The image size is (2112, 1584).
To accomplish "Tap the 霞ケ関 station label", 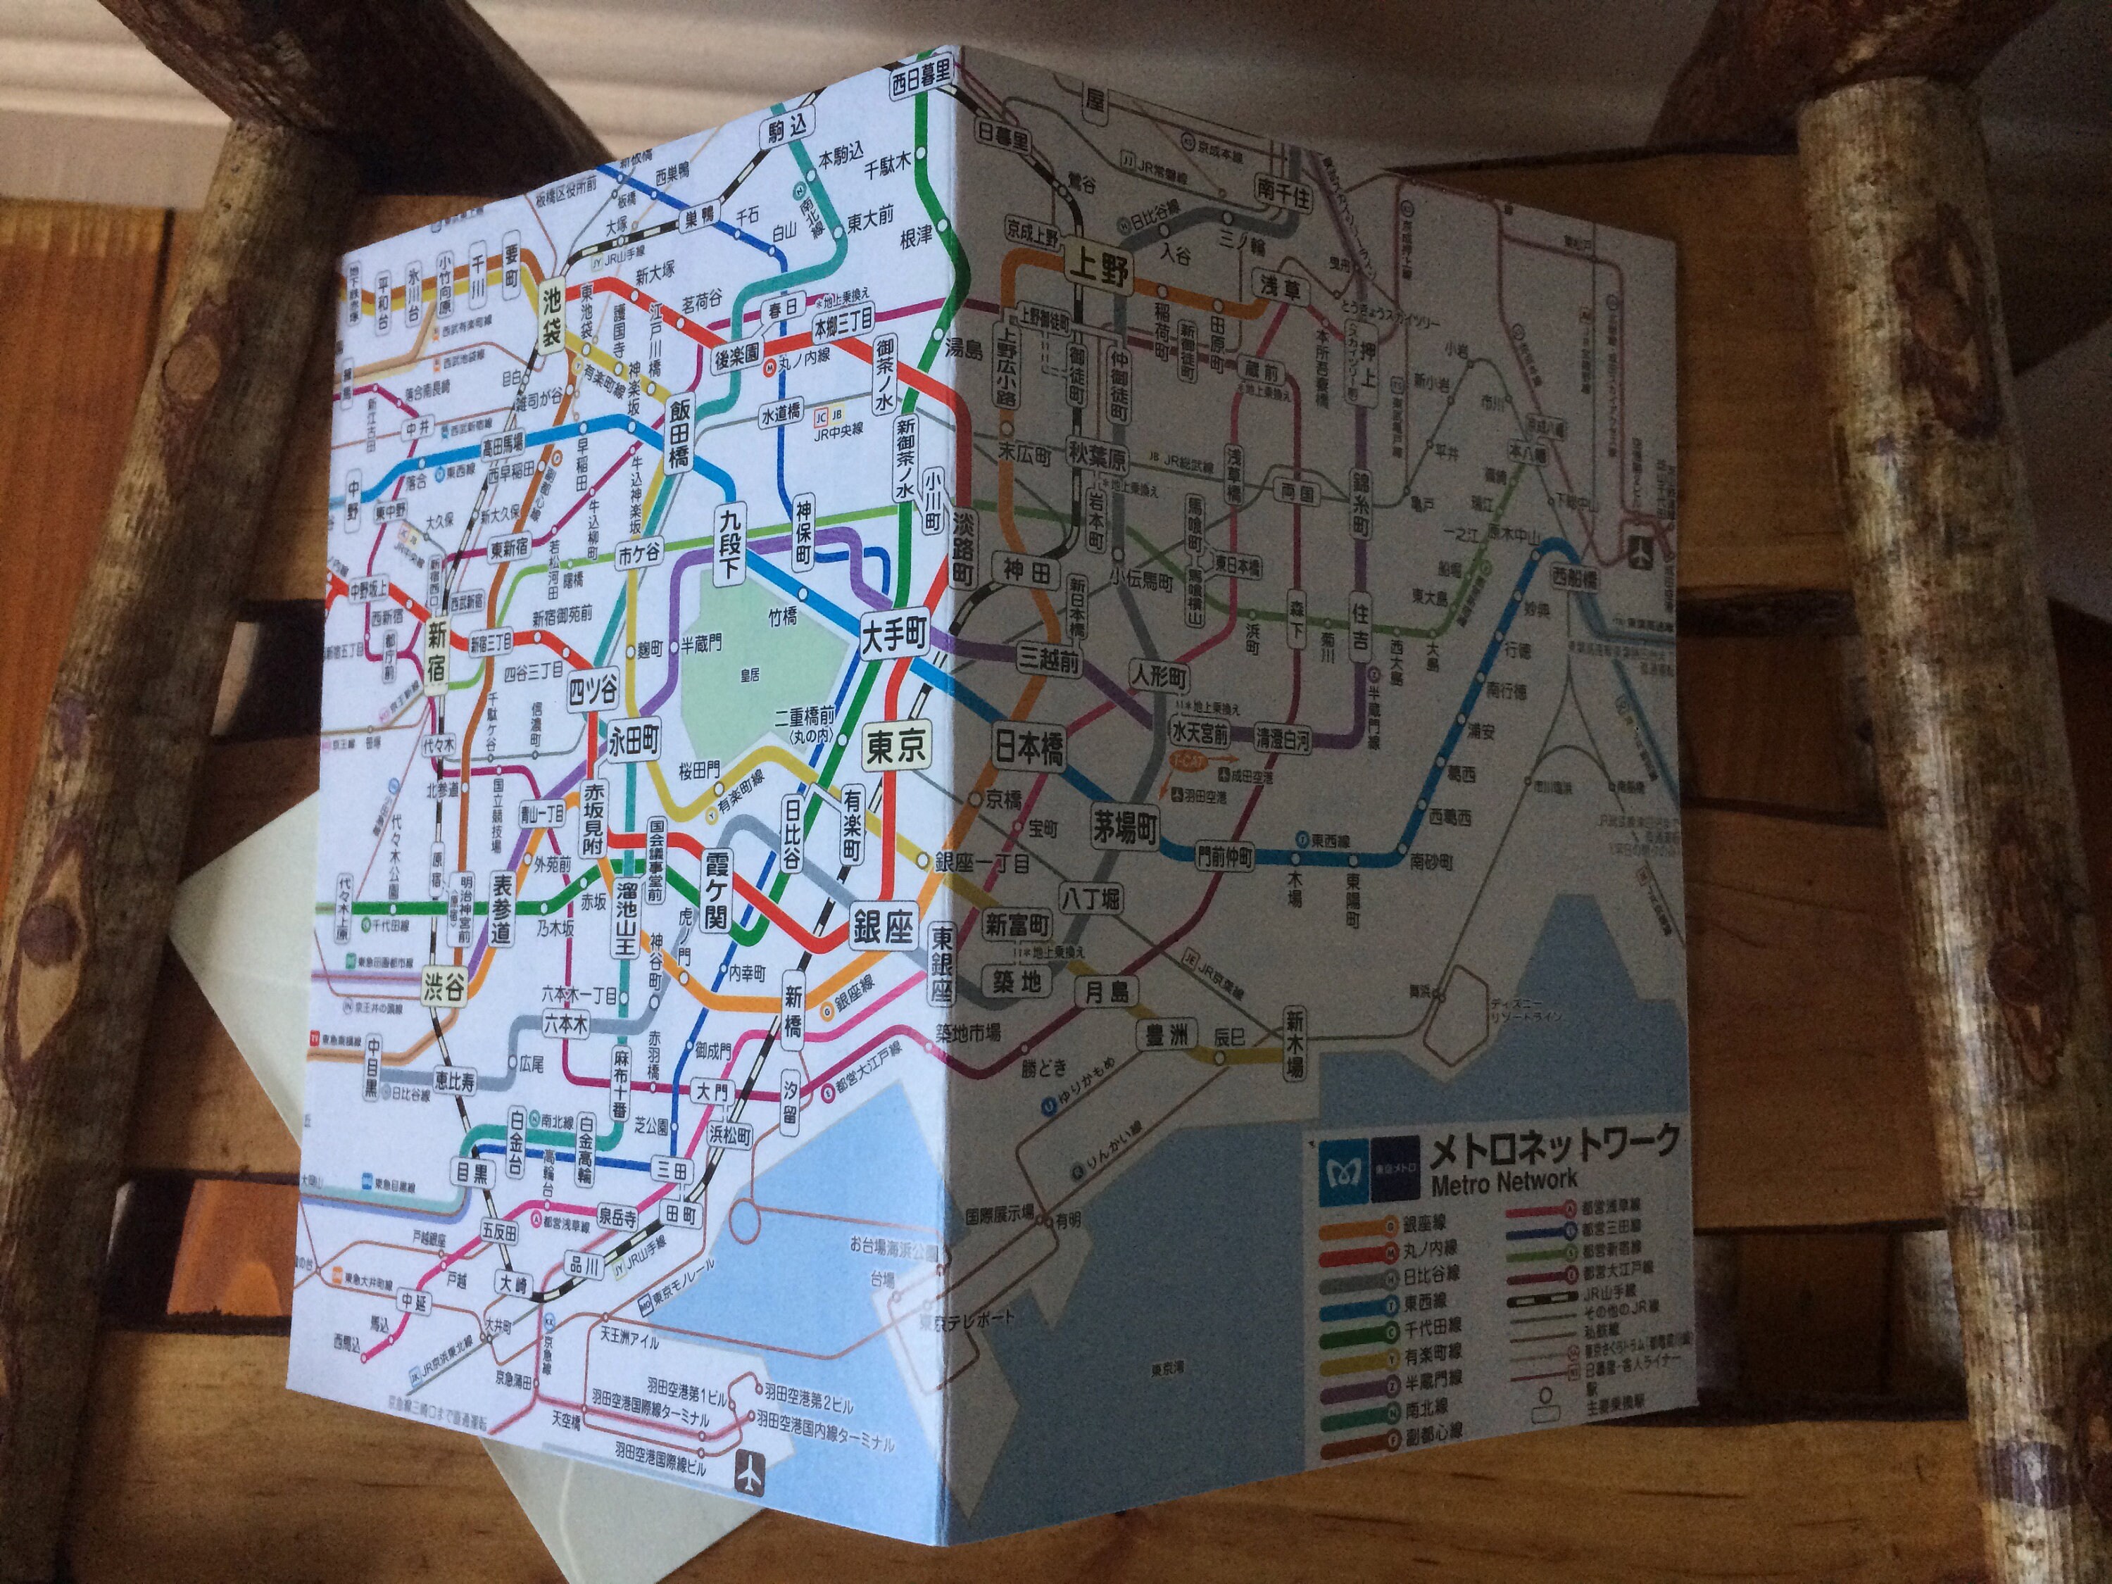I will pos(715,891).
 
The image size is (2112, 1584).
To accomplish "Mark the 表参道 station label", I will pos(501,908).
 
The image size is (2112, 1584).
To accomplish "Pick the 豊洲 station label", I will pos(1166,1035).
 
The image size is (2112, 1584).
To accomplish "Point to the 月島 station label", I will pos(1107,992).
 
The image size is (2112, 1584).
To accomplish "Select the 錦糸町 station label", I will pos(1359,502).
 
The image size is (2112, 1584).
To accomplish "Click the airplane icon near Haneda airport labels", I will pos(750,1474).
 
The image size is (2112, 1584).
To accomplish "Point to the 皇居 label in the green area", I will pos(750,675).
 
